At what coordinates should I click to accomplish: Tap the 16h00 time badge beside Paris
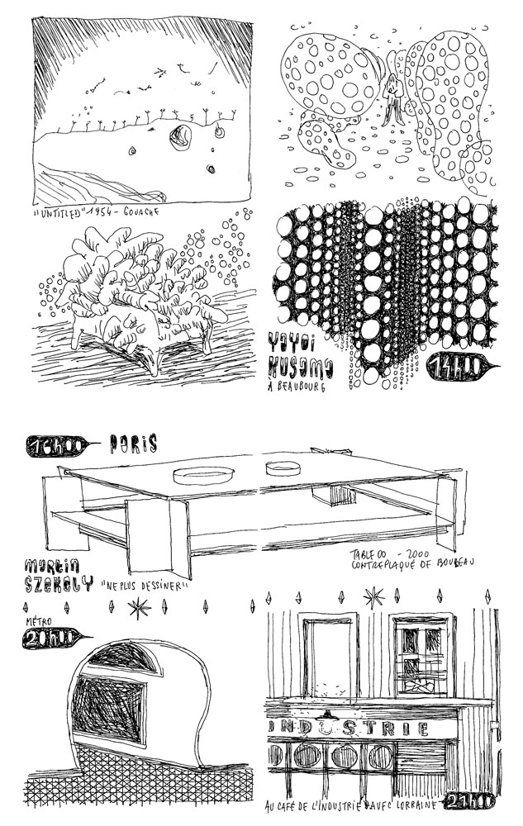coord(53,445)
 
